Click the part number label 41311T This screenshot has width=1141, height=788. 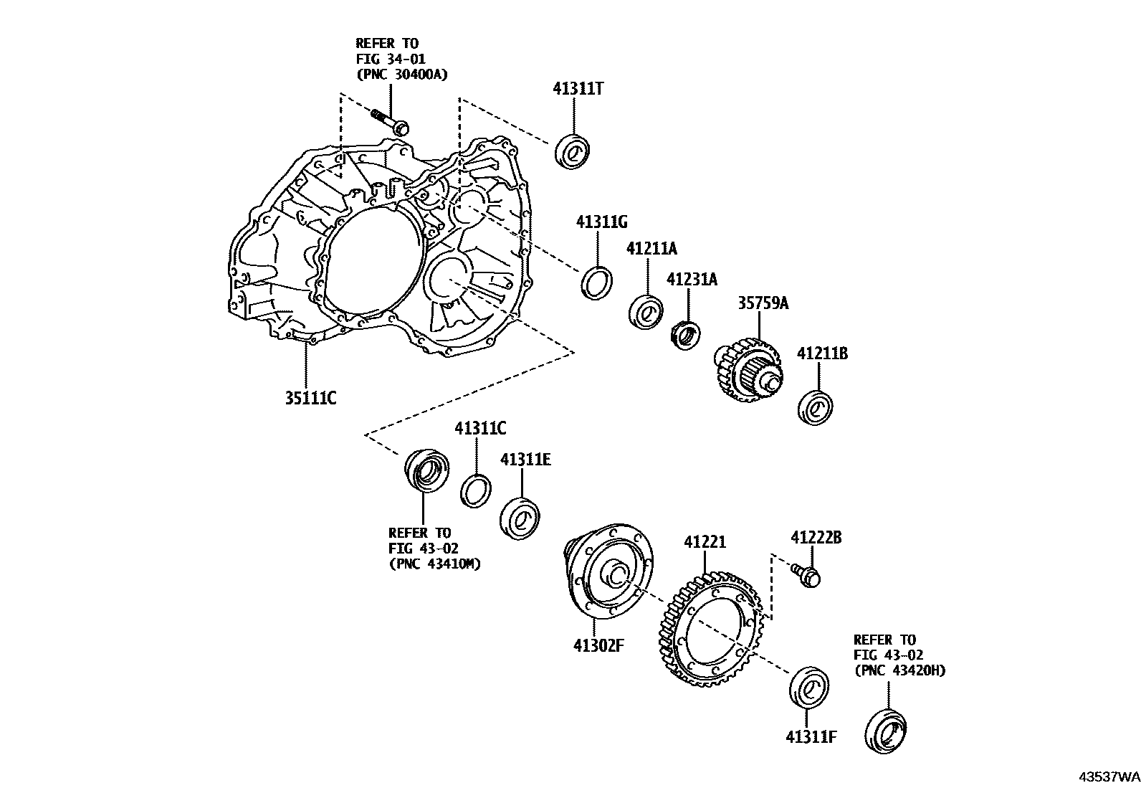click(x=578, y=89)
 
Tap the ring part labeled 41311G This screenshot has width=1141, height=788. click(x=596, y=281)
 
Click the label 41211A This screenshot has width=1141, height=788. click(x=651, y=249)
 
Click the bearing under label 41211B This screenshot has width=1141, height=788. click(x=816, y=407)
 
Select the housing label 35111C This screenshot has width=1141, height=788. click(x=310, y=397)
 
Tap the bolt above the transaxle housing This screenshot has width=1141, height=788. click(x=391, y=122)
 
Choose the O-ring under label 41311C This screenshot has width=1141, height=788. click(x=475, y=491)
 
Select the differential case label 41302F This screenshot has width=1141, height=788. click(x=598, y=645)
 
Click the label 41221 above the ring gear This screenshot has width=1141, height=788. click(x=704, y=543)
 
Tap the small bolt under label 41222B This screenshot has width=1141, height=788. click(x=808, y=575)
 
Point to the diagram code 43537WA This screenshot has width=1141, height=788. click(x=1109, y=777)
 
